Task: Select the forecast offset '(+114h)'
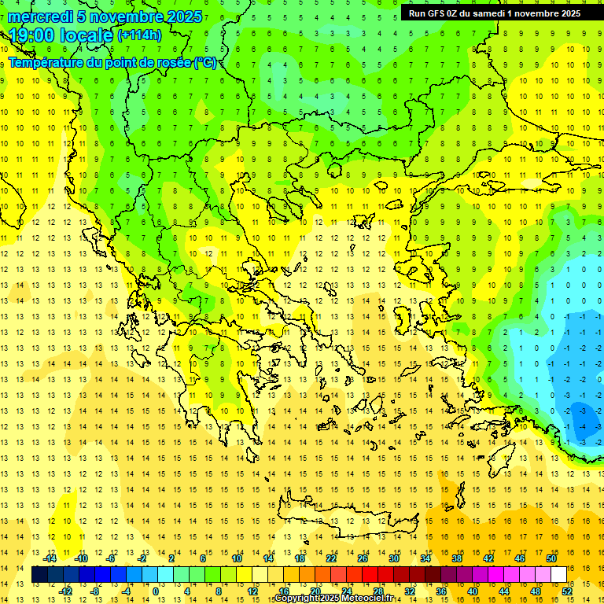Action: click(139, 35)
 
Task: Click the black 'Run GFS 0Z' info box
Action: click(495, 13)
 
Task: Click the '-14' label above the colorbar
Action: click(50, 558)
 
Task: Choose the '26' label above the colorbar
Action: click(363, 558)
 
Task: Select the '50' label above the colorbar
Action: click(551, 558)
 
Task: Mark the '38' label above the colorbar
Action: click(456, 558)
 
